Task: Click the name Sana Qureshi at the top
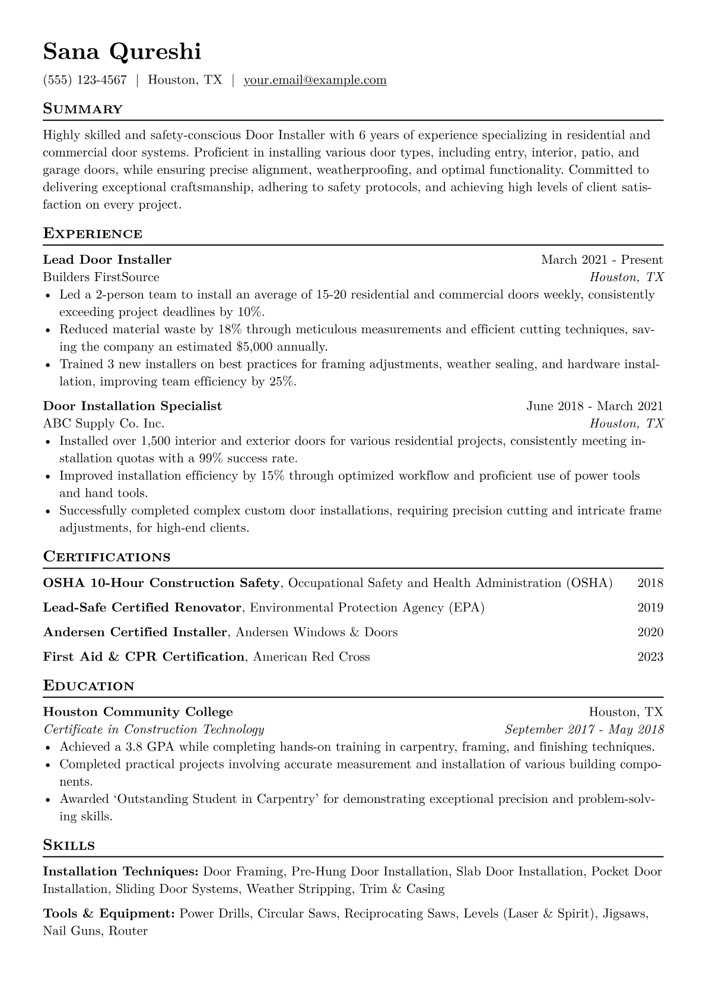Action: [122, 52]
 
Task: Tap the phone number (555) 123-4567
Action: [85, 80]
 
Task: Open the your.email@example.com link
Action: [315, 80]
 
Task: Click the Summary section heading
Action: [83, 109]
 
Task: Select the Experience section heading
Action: [93, 234]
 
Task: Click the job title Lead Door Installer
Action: [107, 260]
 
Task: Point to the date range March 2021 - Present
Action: [602, 260]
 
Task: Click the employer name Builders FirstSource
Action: [101, 277]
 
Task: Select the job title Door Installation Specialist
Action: [132, 406]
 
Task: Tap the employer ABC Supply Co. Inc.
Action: [104, 423]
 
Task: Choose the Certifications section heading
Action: [107, 557]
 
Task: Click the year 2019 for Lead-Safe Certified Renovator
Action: [650, 608]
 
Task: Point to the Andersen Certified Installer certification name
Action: [135, 632]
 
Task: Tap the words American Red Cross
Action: [311, 657]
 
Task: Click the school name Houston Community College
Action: [138, 712]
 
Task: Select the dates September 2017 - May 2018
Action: [584, 729]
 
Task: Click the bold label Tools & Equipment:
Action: [109, 914]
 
